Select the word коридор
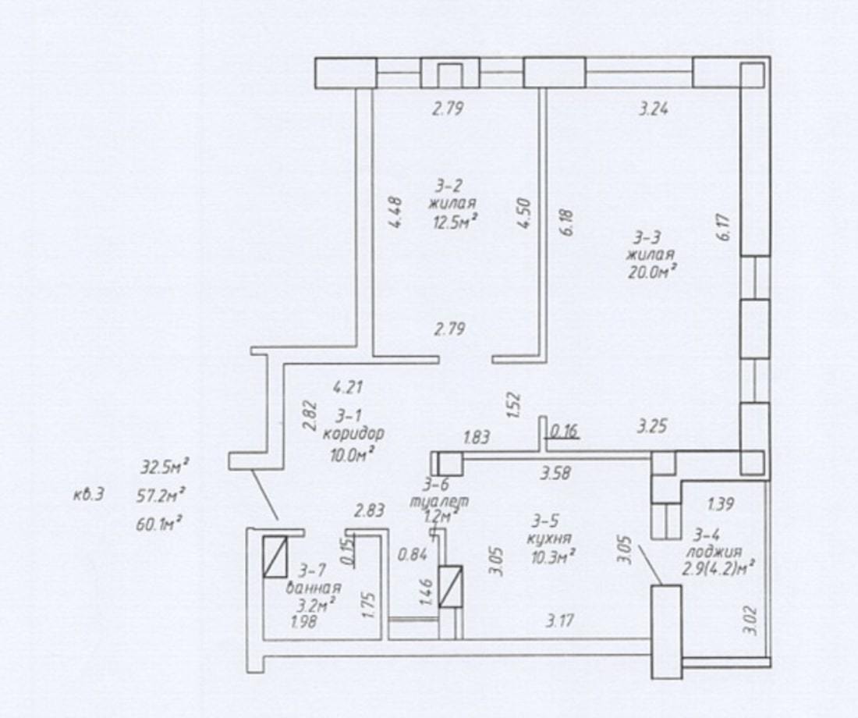(x=353, y=434)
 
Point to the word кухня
(x=549, y=538)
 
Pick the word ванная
(x=314, y=588)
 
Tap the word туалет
(x=439, y=500)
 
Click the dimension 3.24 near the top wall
(x=654, y=109)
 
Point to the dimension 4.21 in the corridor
(x=348, y=387)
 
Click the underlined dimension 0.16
(x=564, y=432)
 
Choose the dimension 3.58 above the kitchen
(x=555, y=473)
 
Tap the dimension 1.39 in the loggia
(x=721, y=503)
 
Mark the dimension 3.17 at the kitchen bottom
(x=560, y=621)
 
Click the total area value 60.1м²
(x=158, y=524)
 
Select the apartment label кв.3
(x=88, y=496)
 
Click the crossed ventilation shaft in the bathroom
(x=275, y=556)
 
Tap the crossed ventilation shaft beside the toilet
(x=452, y=587)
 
